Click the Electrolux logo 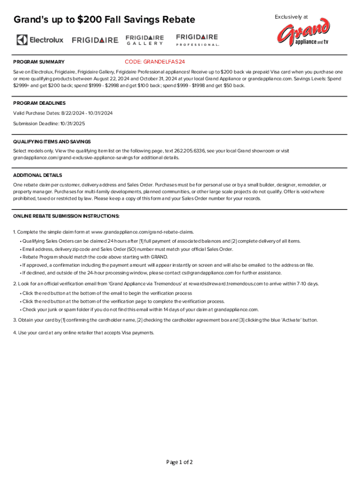coord(40,40)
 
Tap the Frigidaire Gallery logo coord(145,40)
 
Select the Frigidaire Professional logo coord(197,40)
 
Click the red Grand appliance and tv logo coord(303,34)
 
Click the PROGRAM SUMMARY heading coord(39,62)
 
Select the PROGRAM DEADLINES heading coord(39,103)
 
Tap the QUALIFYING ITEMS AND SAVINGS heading coord(52,141)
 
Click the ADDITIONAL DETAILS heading coord(37,175)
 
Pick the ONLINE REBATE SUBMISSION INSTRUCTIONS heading coord(66,216)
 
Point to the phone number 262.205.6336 coord(189,151)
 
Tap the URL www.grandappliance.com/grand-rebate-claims coord(143,232)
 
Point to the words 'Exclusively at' coord(291,17)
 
